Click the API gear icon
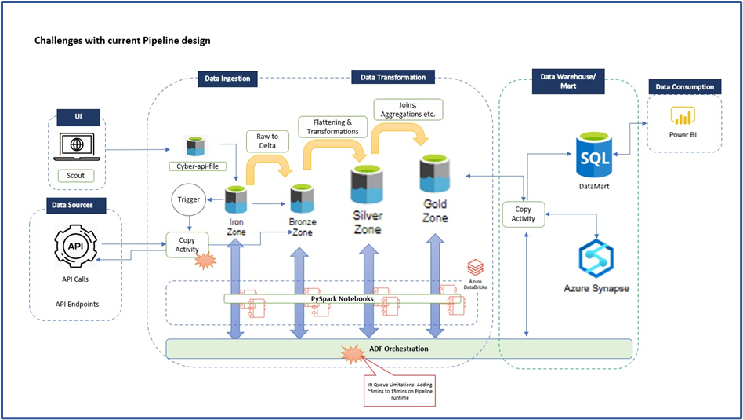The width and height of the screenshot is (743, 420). tap(76, 245)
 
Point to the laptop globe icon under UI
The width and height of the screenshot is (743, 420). tap(77, 147)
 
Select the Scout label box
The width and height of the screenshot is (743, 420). tap(77, 176)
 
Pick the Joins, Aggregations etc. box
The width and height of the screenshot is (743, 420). tap(408, 109)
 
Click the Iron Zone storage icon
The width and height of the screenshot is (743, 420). tap(236, 199)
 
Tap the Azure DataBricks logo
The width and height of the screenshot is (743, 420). tap(475, 268)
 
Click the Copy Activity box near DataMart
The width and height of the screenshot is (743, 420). tap(524, 214)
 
